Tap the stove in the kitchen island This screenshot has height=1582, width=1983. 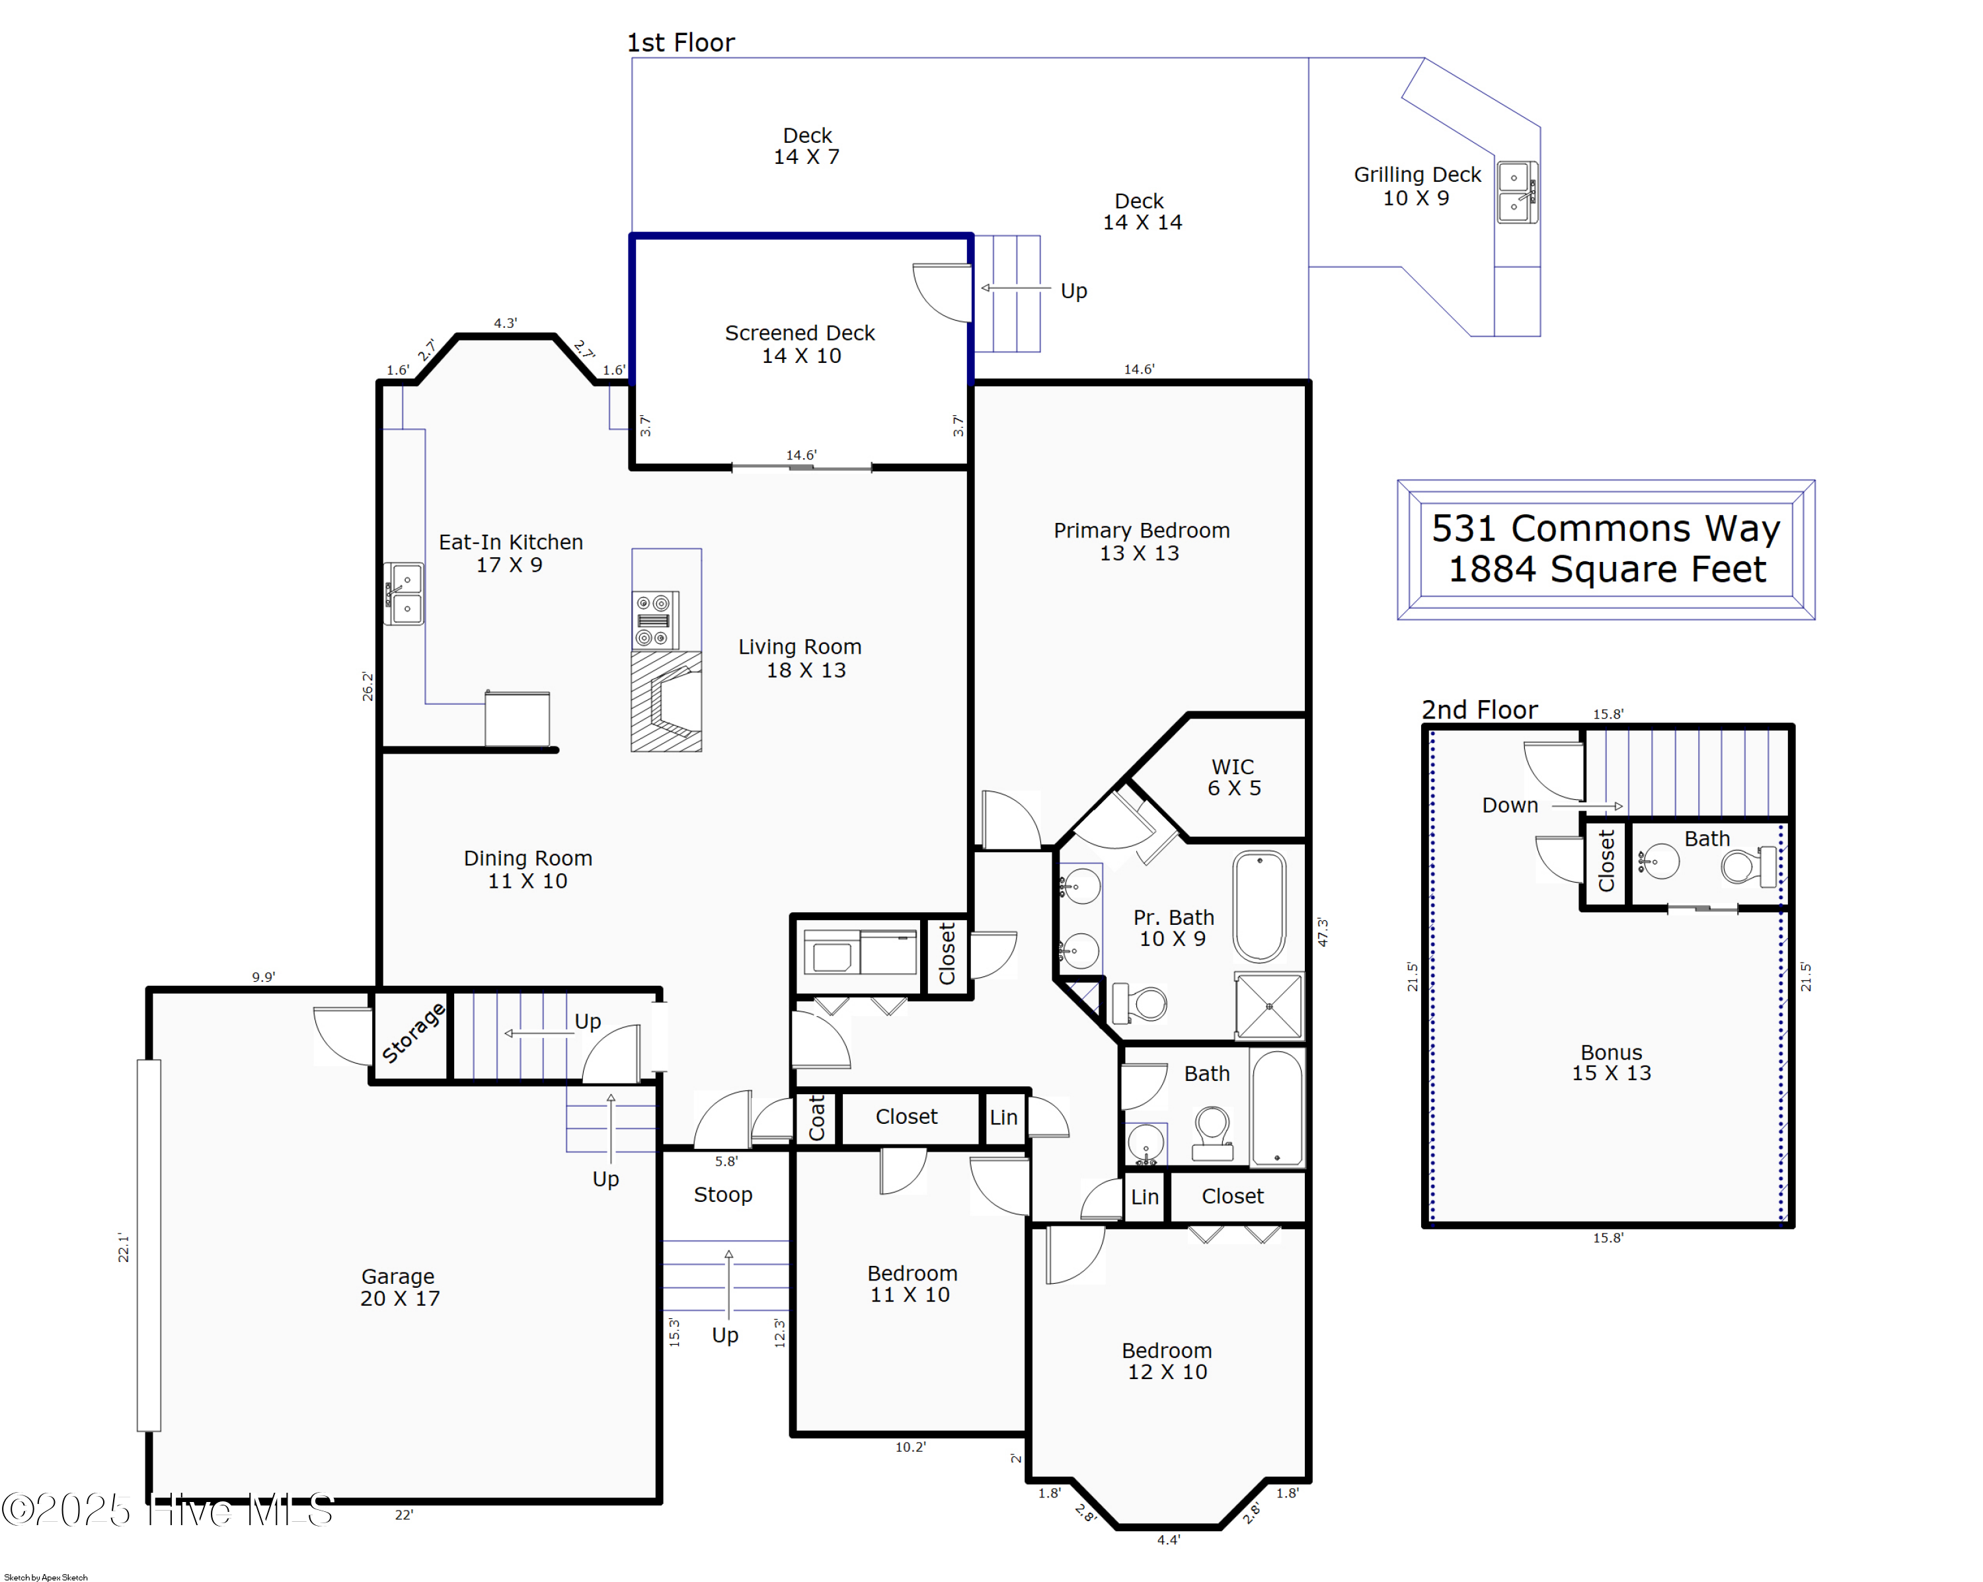tap(655, 621)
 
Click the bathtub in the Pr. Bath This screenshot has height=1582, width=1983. tap(1259, 906)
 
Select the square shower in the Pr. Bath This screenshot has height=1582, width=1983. tap(1268, 1006)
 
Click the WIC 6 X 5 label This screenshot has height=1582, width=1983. tap(1233, 777)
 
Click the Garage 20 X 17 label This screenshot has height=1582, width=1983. tap(399, 1286)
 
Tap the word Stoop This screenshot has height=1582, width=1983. tap(723, 1195)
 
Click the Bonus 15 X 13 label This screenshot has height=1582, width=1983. tap(1610, 1062)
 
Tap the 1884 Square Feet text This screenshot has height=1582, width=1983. tap(1607, 569)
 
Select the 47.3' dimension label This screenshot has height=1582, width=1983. tap(1322, 931)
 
